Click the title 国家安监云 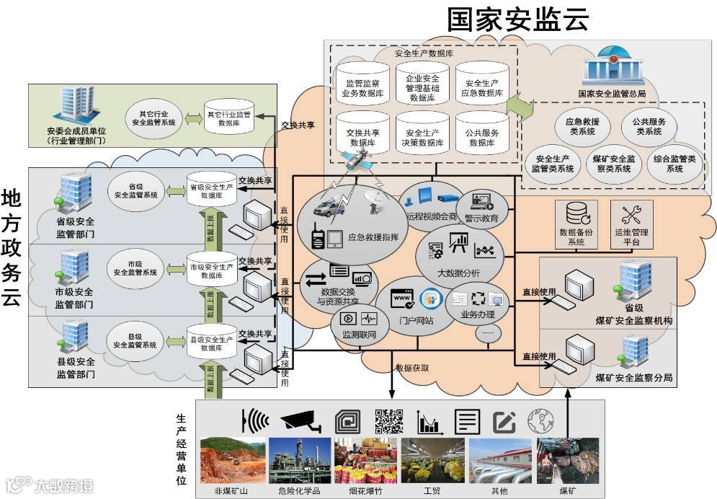click(x=517, y=19)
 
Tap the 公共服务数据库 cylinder click(x=481, y=133)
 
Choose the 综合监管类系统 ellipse click(x=674, y=163)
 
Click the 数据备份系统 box click(x=576, y=224)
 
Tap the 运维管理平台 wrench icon click(x=631, y=214)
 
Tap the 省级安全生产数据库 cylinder click(x=211, y=190)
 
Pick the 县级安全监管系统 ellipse click(x=135, y=340)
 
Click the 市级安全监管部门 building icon click(x=76, y=266)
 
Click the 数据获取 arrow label click(x=412, y=368)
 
